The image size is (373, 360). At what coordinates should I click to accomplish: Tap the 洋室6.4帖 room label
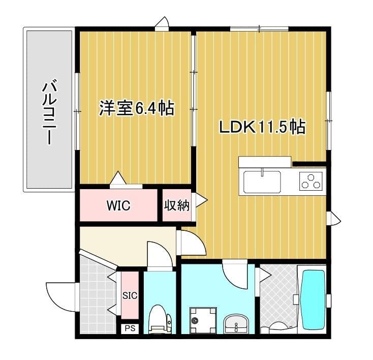click(136, 109)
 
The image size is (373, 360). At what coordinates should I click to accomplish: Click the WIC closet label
click(118, 206)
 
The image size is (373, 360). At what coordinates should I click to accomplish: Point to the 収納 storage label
click(176, 205)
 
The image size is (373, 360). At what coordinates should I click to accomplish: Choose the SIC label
click(130, 295)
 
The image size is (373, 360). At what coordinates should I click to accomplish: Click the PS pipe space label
click(130, 328)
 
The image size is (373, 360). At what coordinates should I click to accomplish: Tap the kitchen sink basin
click(262, 182)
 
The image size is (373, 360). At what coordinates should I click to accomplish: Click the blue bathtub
click(314, 300)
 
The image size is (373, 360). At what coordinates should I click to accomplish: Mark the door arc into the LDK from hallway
click(192, 243)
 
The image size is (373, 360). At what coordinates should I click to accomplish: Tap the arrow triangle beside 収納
click(201, 200)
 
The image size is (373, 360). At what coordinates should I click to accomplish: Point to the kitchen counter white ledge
click(264, 162)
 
